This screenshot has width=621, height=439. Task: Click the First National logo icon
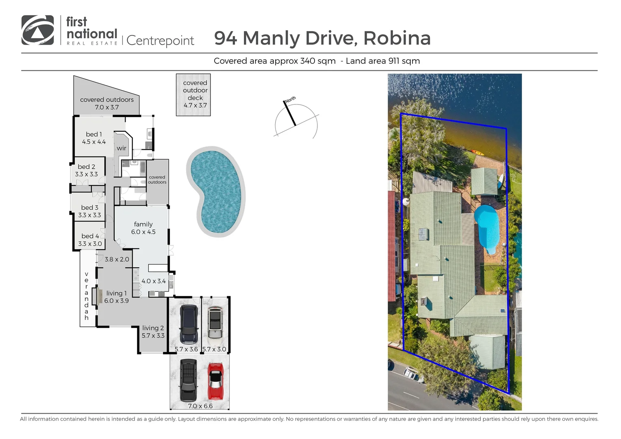click(x=37, y=30)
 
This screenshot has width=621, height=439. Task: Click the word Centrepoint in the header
click(x=160, y=41)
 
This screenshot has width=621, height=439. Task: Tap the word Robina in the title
click(x=397, y=38)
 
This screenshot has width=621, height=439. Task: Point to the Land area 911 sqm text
click(x=382, y=61)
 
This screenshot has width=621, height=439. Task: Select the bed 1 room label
click(x=94, y=138)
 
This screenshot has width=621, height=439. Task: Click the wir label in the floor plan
click(x=122, y=148)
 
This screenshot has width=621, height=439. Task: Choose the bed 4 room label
click(x=90, y=240)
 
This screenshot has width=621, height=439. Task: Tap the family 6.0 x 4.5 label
click(x=143, y=228)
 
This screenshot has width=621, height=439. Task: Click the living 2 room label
click(x=153, y=332)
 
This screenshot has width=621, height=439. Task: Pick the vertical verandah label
click(x=87, y=296)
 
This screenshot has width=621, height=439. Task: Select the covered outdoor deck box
click(x=193, y=95)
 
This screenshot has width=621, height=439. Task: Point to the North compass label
click(x=290, y=100)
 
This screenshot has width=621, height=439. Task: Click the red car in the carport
click(x=215, y=381)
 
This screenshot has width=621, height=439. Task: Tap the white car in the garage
click(x=215, y=323)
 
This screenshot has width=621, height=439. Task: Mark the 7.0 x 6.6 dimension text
click(x=200, y=406)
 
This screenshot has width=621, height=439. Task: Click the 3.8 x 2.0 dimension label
click(x=117, y=259)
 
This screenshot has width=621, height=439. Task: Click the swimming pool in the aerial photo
click(x=487, y=228)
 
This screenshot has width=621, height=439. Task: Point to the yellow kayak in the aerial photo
click(x=476, y=153)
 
